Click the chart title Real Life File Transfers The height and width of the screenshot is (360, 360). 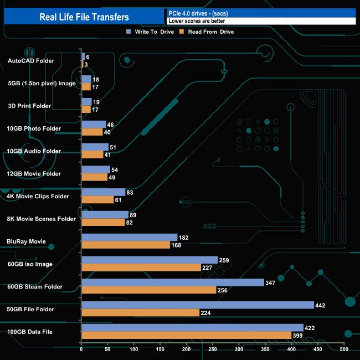point(84,17)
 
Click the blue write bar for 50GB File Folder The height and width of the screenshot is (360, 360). point(197,305)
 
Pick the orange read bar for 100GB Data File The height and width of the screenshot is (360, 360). point(186,335)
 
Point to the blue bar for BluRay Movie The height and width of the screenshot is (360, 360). point(129,237)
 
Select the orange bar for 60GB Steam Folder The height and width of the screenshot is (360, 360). point(148,290)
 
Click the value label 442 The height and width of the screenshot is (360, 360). point(320,305)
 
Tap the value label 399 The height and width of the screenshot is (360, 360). point(300,335)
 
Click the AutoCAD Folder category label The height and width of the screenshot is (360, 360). point(31,60)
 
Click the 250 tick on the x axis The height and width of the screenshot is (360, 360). point(213,349)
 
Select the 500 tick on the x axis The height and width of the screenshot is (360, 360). point(344,349)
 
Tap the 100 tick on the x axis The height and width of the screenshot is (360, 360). point(134,349)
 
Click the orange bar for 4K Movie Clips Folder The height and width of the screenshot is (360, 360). point(97,199)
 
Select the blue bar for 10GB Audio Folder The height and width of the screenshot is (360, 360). point(95,147)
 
